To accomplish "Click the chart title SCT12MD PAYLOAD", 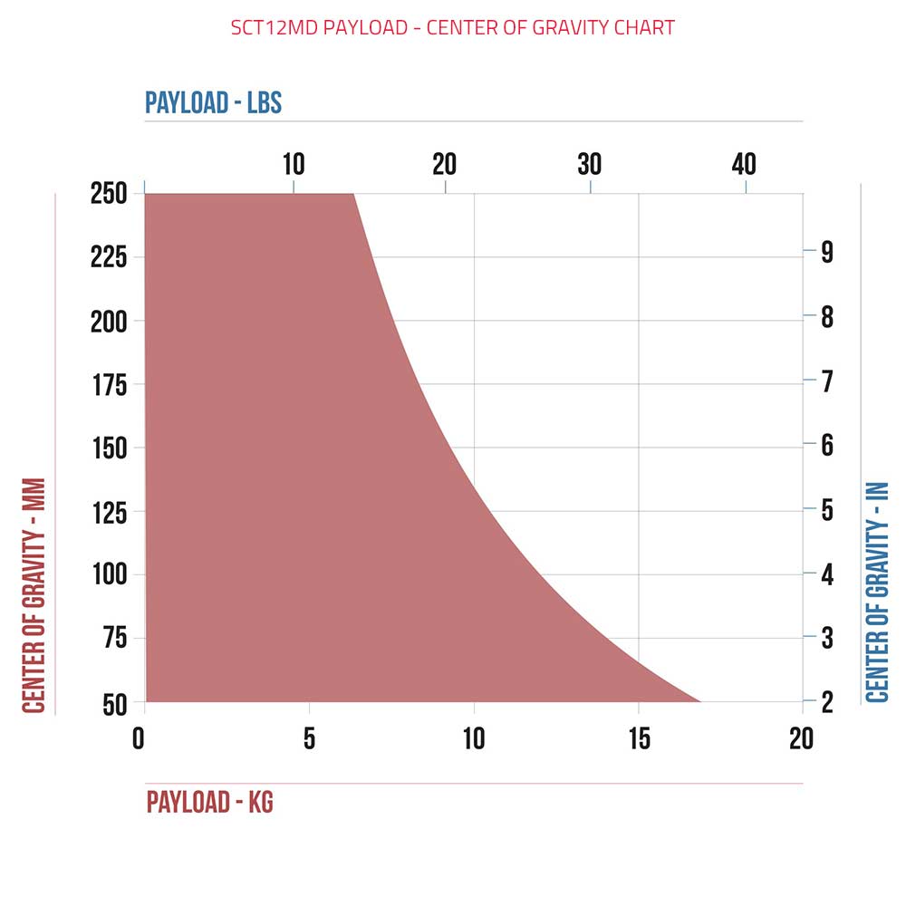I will [452, 27].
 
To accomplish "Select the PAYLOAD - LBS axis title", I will [214, 102].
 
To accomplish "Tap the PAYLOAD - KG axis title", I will [209, 803].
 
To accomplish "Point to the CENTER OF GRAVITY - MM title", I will [34, 595].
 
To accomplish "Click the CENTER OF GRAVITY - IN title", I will [877, 593].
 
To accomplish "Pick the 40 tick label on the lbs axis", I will [744, 164].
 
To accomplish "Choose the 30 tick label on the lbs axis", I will [590, 164].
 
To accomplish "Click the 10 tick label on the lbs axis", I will [294, 164].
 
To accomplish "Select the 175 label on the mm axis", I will [108, 384].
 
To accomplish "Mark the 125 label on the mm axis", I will [108, 512].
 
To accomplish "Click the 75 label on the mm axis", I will [113, 639].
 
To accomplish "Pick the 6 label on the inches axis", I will [827, 446].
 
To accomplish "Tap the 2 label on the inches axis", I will [827, 701].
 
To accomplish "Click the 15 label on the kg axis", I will [640, 739].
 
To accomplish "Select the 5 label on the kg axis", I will [309, 739].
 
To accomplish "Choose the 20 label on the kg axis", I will [802, 739].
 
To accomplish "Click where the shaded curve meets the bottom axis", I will [700, 701].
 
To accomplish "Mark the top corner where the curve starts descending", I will [353, 194].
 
